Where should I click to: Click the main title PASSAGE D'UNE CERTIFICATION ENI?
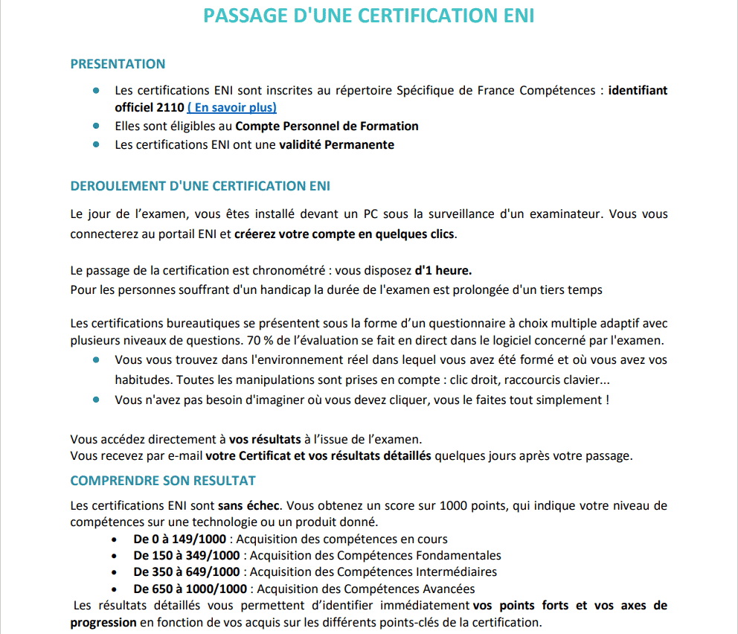coord(369,16)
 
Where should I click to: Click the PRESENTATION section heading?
coord(118,64)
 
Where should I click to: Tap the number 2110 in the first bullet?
coord(170,107)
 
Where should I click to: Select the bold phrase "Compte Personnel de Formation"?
coord(327,126)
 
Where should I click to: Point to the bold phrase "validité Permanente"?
coord(336,144)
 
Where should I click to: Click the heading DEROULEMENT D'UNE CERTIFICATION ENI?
coord(200,186)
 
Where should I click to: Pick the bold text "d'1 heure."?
coord(443,269)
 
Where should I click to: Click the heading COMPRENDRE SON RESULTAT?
coord(163,481)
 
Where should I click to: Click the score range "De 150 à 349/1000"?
coord(187,555)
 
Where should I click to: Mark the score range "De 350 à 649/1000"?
coord(187,571)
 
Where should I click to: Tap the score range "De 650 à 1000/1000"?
coord(190,589)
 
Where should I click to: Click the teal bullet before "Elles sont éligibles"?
coord(96,126)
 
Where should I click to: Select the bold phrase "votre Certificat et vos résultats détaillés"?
coord(318,455)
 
